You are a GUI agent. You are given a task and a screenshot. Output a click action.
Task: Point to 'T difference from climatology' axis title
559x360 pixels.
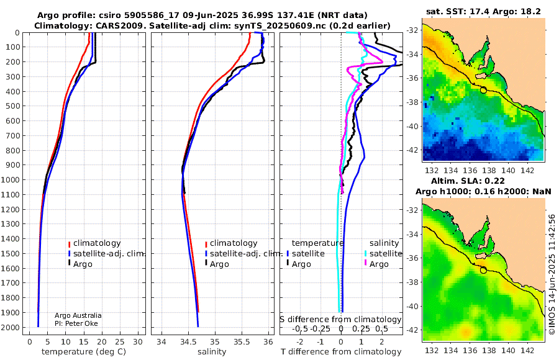pyautogui.click(x=341, y=352)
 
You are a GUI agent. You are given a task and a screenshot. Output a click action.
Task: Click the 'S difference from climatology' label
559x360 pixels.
pyautogui.click(x=340, y=320)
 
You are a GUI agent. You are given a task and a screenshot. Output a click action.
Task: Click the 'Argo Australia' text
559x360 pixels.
pyautogui.click(x=78, y=316)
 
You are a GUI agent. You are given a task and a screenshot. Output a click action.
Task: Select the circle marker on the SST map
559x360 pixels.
pyautogui.click(x=483, y=90)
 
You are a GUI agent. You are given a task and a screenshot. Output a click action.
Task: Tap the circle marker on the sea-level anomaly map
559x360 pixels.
pyautogui.click(x=483, y=270)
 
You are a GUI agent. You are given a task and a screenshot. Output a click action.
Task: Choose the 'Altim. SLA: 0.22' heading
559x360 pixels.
pyautogui.click(x=483, y=180)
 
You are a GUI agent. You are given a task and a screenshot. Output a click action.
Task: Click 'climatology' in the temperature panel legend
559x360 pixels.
pyautogui.click(x=98, y=243)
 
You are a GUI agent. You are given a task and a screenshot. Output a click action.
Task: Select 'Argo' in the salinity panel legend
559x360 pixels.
pyautogui.click(x=220, y=264)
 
